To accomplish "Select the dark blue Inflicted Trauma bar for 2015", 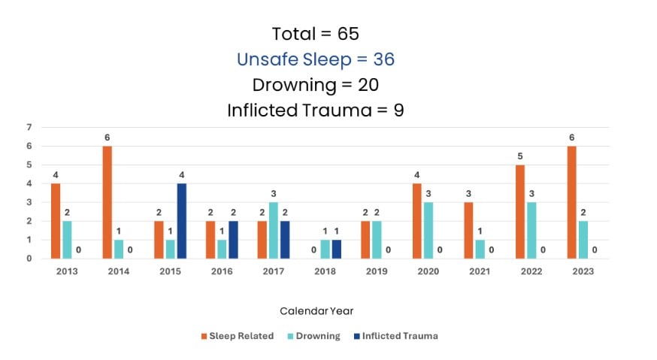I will pyautogui.click(x=181, y=221).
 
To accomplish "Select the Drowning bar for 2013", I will pyautogui.click(x=68, y=240).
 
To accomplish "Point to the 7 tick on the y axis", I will pyautogui.click(x=29, y=127).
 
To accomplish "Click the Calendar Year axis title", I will pyautogui.click(x=316, y=310).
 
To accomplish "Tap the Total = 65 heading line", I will pyautogui.click(x=316, y=34).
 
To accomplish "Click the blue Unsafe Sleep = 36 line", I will pyautogui.click(x=316, y=59).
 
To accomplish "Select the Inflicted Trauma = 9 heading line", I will pyautogui.click(x=316, y=110).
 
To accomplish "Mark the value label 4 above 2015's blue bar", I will pyautogui.click(x=181, y=176).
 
